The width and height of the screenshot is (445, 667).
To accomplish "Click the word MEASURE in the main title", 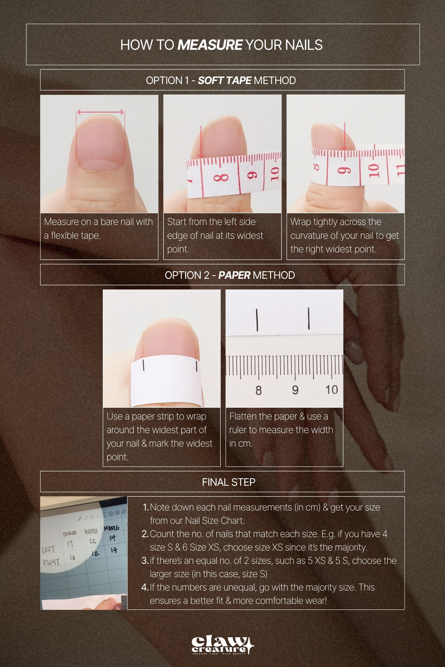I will [210, 45].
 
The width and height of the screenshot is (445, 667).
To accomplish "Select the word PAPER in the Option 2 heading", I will [234, 275].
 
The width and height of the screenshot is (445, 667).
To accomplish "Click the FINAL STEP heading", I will [228, 482].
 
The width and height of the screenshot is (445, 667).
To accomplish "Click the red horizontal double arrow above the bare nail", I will [101, 112].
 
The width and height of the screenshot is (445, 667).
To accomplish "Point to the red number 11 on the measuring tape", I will [400, 169].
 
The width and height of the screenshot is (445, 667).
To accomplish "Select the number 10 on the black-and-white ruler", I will [331, 390].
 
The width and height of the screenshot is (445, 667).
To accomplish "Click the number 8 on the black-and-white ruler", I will [259, 390].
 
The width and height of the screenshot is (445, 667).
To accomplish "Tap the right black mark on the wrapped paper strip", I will [196, 366].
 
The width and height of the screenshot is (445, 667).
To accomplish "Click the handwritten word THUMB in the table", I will [69, 533].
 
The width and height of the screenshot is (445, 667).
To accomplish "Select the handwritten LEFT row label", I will [48, 550].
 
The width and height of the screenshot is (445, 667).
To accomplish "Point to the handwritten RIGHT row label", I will [51, 562].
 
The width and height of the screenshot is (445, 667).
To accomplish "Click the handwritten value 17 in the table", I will [70, 543].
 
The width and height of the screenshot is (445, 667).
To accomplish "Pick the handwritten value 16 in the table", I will [72, 557].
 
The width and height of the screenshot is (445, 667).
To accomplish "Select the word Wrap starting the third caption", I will [300, 222].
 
